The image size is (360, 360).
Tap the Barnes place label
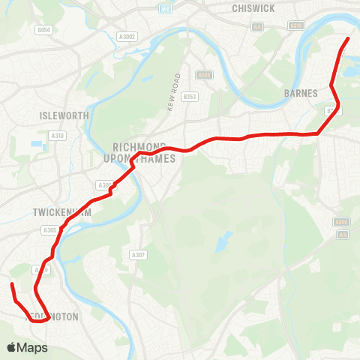tap(301, 93)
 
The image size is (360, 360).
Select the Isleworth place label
tap(64, 115)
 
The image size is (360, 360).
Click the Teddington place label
tap(52, 316)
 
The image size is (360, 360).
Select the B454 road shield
tap(44, 30)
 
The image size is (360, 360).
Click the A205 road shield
tap(204, 75)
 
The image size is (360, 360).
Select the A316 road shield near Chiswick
tap(297, 25)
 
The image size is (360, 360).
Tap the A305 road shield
tap(50, 230)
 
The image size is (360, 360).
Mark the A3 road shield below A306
tap(342, 235)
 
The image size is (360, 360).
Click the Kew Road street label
tap(174, 92)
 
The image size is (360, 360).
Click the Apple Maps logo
tap(28, 347)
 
